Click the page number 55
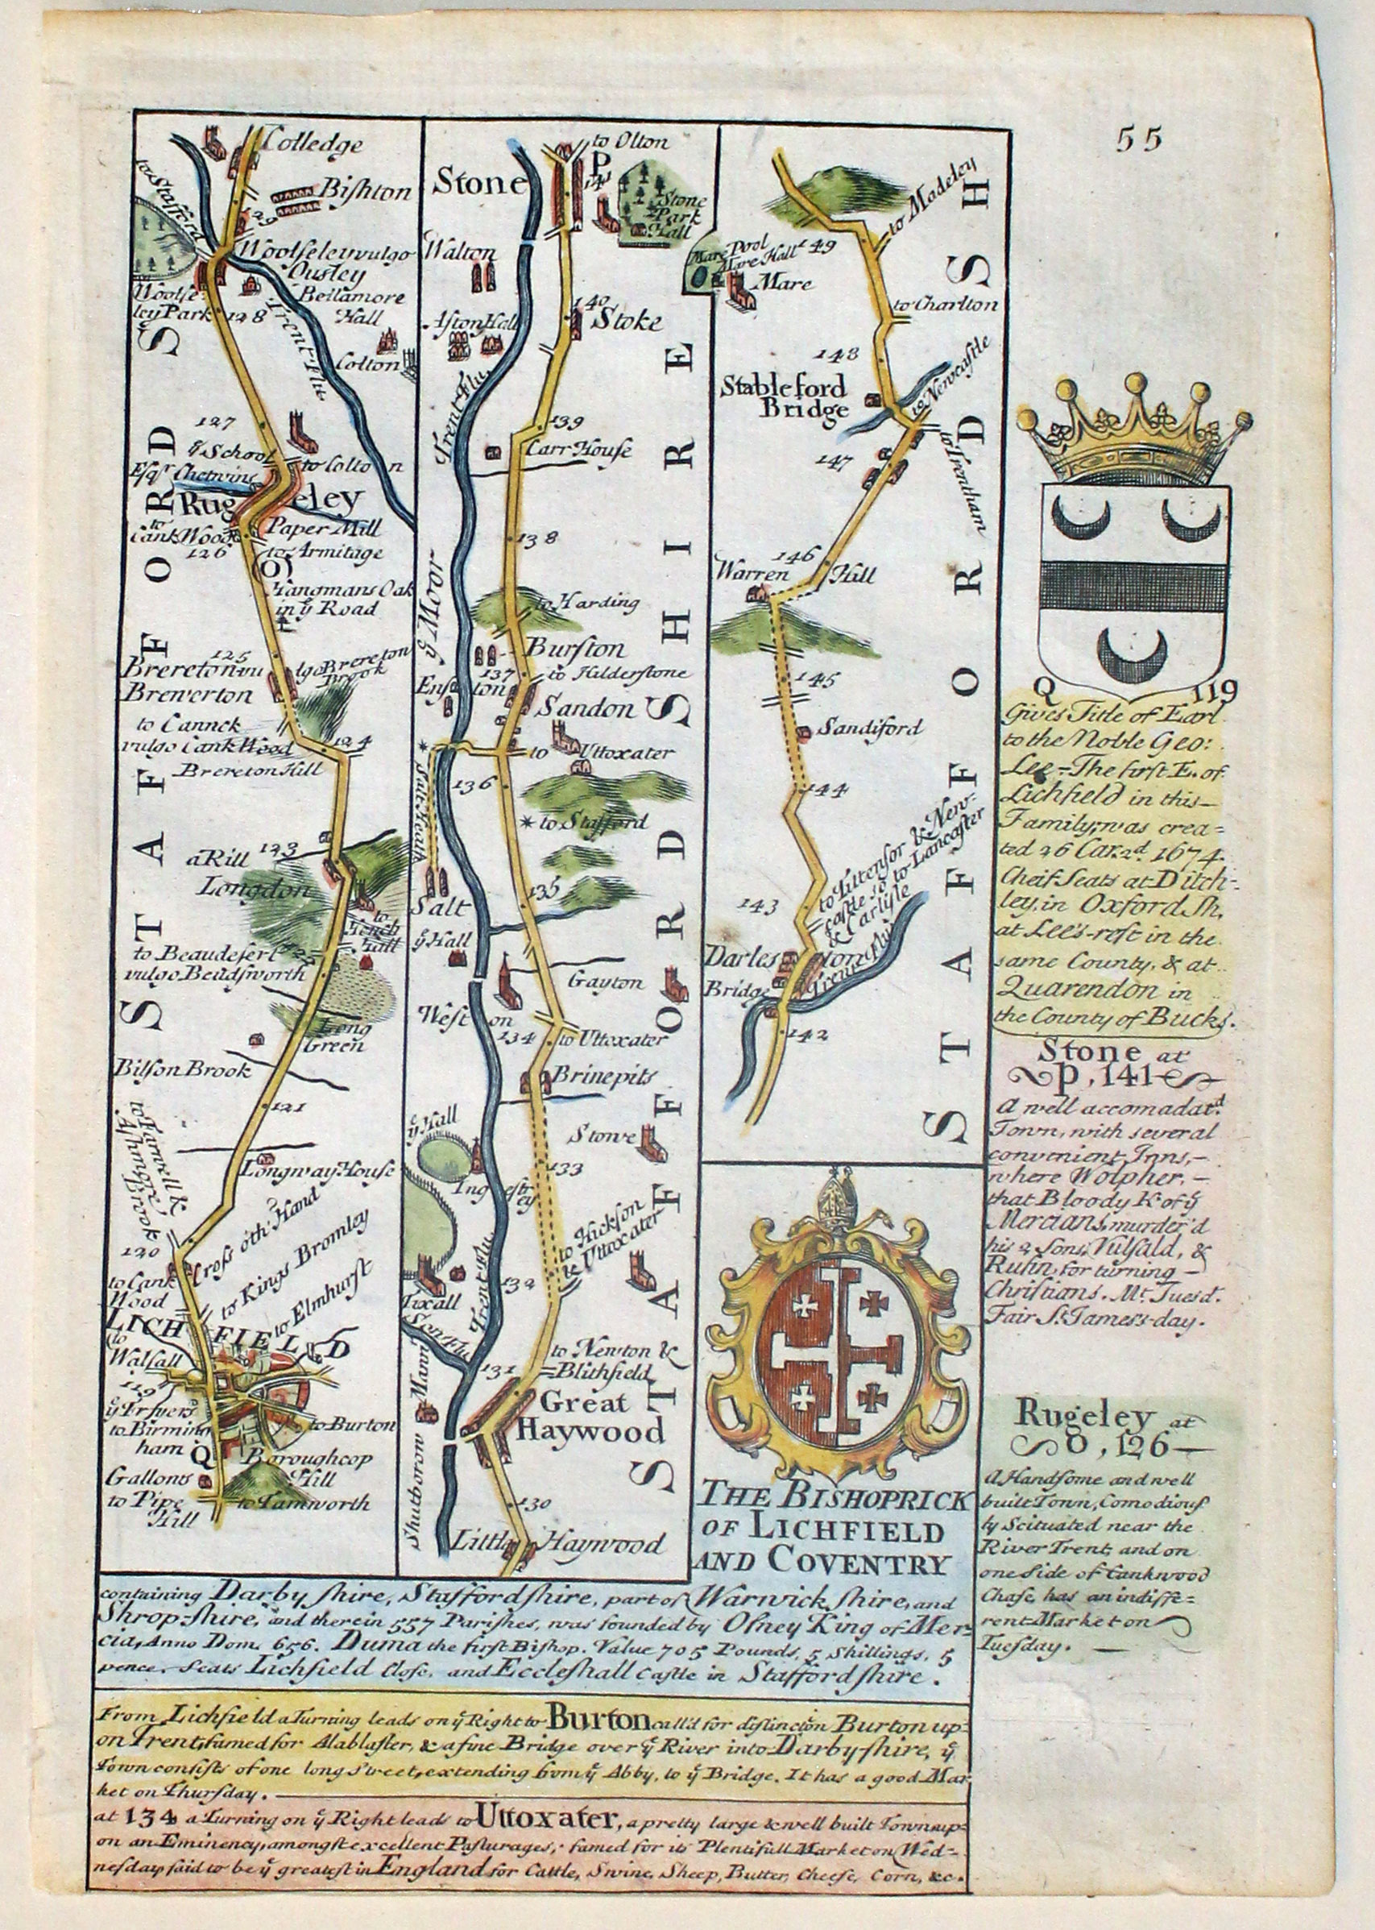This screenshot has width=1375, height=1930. click(1139, 139)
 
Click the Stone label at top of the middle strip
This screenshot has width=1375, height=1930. click(478, 181)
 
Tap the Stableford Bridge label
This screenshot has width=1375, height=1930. click(783, 398)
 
